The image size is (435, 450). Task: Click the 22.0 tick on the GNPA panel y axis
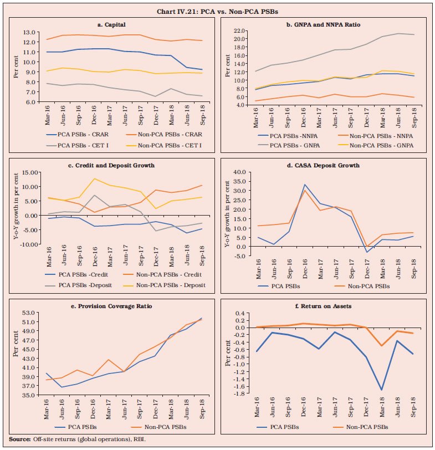(241, 30)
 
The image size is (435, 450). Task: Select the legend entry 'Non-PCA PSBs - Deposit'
(172, 285)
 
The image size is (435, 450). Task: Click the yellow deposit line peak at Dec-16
(95, 178)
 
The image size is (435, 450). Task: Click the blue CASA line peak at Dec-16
(305, 185)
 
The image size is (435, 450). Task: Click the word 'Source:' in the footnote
(19, 439)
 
